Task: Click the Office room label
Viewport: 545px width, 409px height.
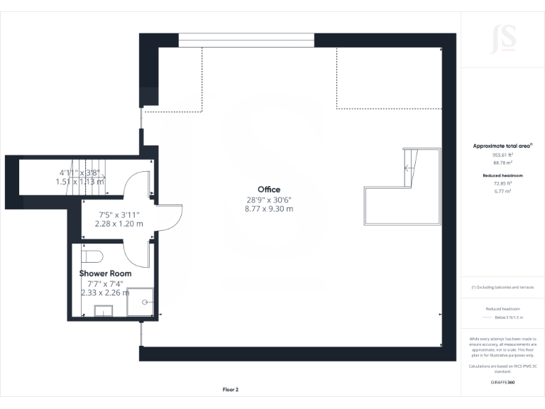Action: click(269, 190)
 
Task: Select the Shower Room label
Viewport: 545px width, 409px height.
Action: click(105, 273)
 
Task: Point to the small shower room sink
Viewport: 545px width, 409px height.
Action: click(104, 310)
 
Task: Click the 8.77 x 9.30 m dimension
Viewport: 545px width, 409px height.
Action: click(269, 209)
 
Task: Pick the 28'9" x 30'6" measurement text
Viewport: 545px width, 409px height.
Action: click(269, 200)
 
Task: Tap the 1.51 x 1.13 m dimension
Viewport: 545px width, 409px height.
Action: click(79, 181)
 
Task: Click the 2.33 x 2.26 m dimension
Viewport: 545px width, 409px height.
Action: click(105, 292)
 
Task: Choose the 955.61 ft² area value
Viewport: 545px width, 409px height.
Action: click(502, 154)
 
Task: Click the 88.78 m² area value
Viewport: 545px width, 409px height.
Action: click(502, 162)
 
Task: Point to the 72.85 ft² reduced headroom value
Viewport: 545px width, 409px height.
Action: click(502, 183)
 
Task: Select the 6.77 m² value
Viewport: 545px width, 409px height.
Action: click(502, 191)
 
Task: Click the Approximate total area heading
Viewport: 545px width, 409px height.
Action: click(502, 146)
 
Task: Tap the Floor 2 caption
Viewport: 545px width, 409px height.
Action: click(231, 390)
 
